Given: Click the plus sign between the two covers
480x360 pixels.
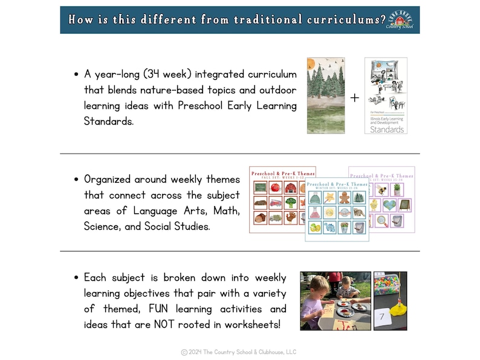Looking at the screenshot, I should (x=354, y=97).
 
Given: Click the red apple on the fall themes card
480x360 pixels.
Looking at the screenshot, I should (x=275, y=188).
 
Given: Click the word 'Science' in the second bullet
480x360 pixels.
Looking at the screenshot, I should (x=103, y=227).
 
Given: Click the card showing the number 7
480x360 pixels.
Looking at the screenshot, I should (x=381, y=316).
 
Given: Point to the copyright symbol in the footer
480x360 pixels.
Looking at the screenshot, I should (x=184, y=352).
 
